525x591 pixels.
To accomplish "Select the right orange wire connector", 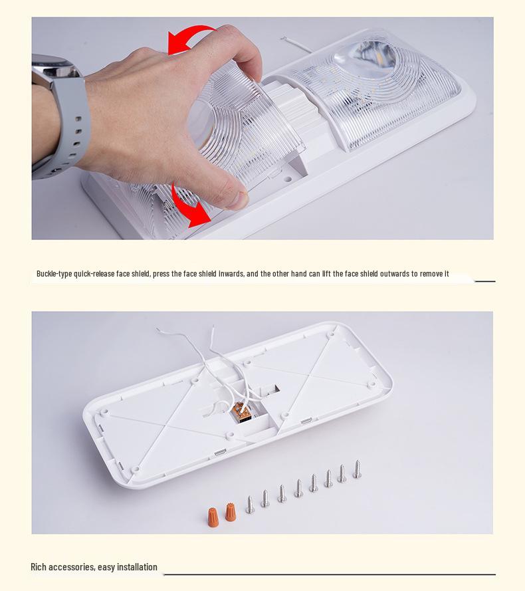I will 230,511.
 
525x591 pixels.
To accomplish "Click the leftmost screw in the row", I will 250,504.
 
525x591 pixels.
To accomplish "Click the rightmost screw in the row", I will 357,469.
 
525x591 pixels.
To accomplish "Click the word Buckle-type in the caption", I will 54,274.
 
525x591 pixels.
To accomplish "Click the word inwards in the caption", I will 231,274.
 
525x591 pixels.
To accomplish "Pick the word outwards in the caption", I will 394,274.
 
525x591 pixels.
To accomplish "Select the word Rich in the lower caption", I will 39,567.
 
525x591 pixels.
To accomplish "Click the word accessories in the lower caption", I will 72,567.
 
